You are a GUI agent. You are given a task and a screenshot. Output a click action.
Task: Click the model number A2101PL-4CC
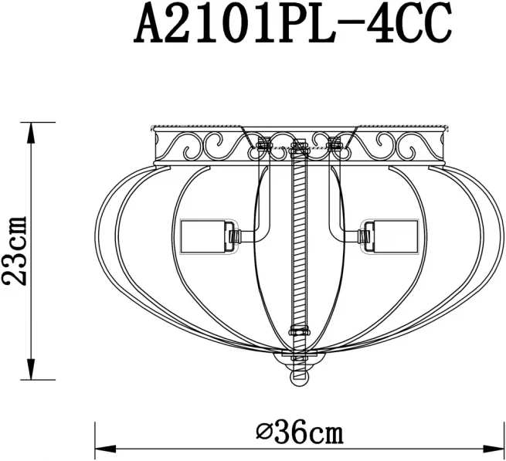point(292,22)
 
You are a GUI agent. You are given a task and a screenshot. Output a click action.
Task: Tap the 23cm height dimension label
point(14,251)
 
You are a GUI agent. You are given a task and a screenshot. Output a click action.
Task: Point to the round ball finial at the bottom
point(300,378)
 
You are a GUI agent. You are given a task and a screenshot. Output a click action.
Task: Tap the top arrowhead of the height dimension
point(31,133)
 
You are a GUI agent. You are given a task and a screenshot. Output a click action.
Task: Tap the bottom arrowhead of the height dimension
point(31,369)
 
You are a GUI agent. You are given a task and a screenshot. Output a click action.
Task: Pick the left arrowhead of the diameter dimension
point(106,449)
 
